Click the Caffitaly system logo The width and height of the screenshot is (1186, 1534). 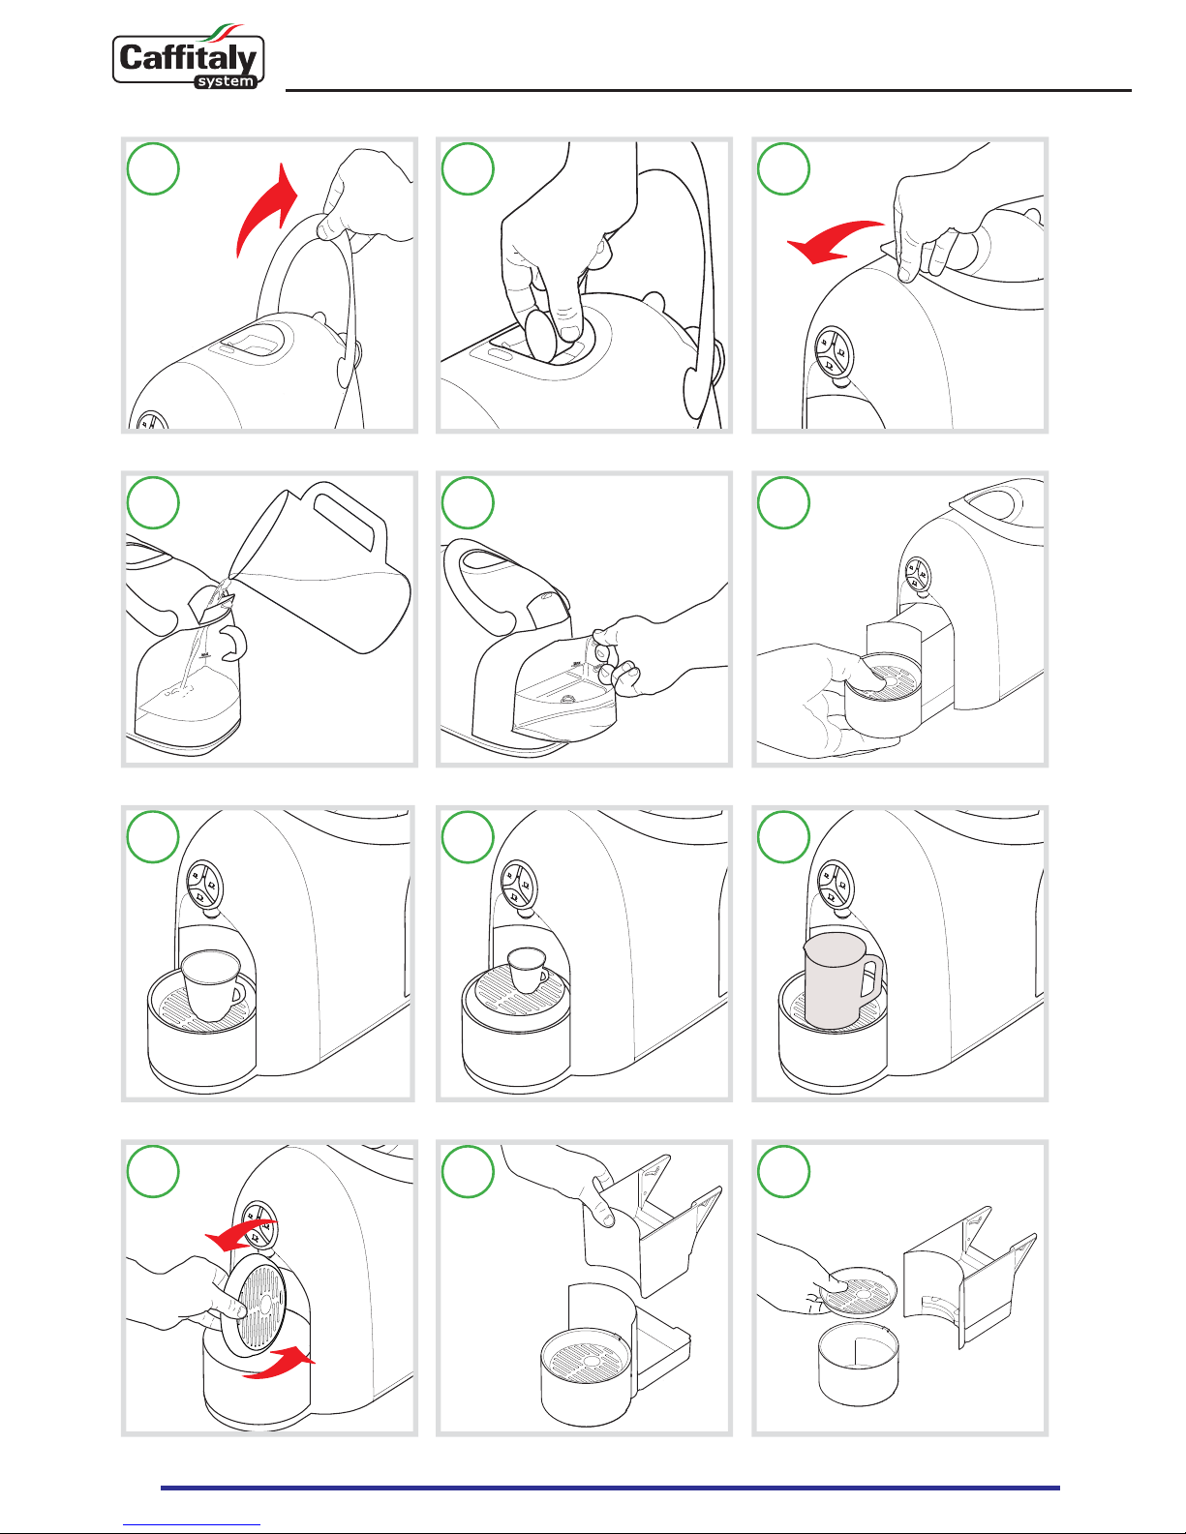(189, 58)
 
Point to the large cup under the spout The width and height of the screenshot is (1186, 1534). (212, 985)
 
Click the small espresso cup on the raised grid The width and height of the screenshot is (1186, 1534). (528, 969)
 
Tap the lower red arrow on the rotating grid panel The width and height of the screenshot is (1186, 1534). (279, 1362)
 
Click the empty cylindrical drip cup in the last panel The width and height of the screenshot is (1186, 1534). (859, 1363)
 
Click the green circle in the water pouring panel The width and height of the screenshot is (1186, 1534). (153, 502)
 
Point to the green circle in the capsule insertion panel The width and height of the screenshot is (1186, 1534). (468, 168)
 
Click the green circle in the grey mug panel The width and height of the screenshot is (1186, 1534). (783, 836)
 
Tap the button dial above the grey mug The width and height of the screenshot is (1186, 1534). (836, 884)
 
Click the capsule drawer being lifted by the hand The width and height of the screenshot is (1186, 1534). (651, 1227)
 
